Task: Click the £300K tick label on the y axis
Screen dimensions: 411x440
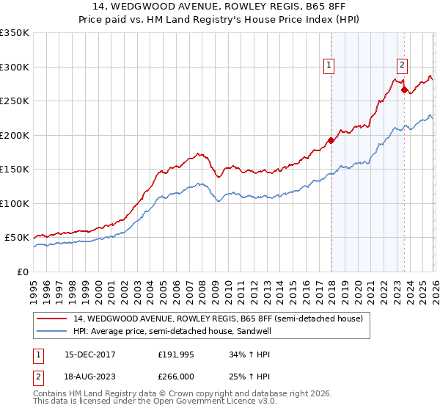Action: (x=15, y=67)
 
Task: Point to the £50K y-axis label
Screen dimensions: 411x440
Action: (x=17, y=238)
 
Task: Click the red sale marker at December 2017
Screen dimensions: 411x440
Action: (x=331, y=141)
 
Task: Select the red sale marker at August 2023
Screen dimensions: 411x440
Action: (x=404, y=90)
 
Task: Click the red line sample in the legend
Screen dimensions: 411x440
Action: (x=53, y=319)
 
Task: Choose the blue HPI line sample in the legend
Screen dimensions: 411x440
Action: (x=53, y=332)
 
